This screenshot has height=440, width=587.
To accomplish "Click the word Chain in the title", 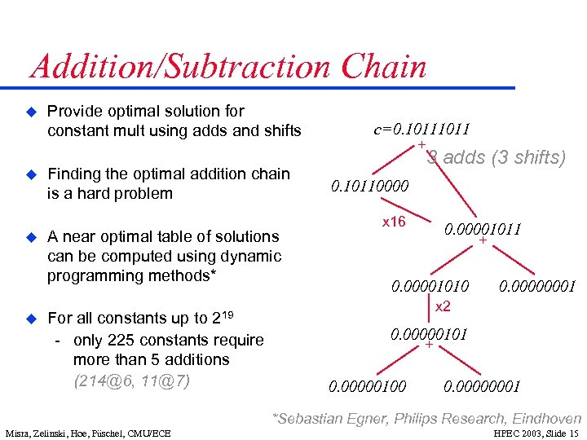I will (385, 67).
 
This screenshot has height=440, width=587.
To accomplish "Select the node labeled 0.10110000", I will (369, 187).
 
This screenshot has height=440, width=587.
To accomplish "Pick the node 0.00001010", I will (430, 286).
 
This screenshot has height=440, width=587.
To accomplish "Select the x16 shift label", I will (394, 222).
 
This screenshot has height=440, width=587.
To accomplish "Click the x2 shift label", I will (442, 307).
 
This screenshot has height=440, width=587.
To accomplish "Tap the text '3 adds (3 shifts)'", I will (496, 157).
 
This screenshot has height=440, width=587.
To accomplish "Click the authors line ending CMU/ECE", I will (87, 433).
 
